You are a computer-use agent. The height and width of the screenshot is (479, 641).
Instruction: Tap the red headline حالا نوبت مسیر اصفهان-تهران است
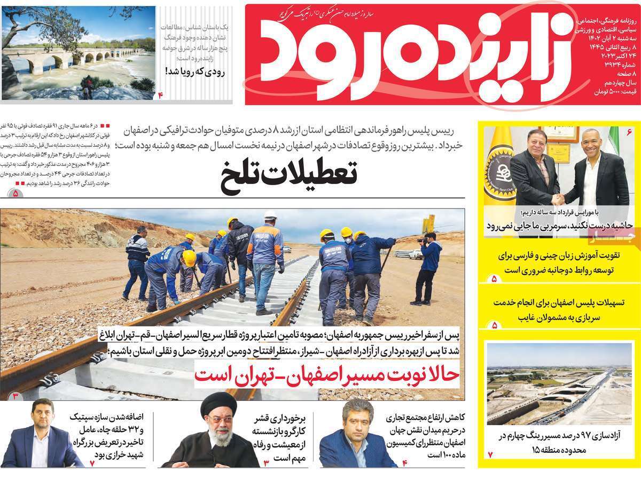pyautogui.click(x=326, y=374)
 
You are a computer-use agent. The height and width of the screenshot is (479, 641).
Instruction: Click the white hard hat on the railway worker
pyautogui.click(x=270, y=215)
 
